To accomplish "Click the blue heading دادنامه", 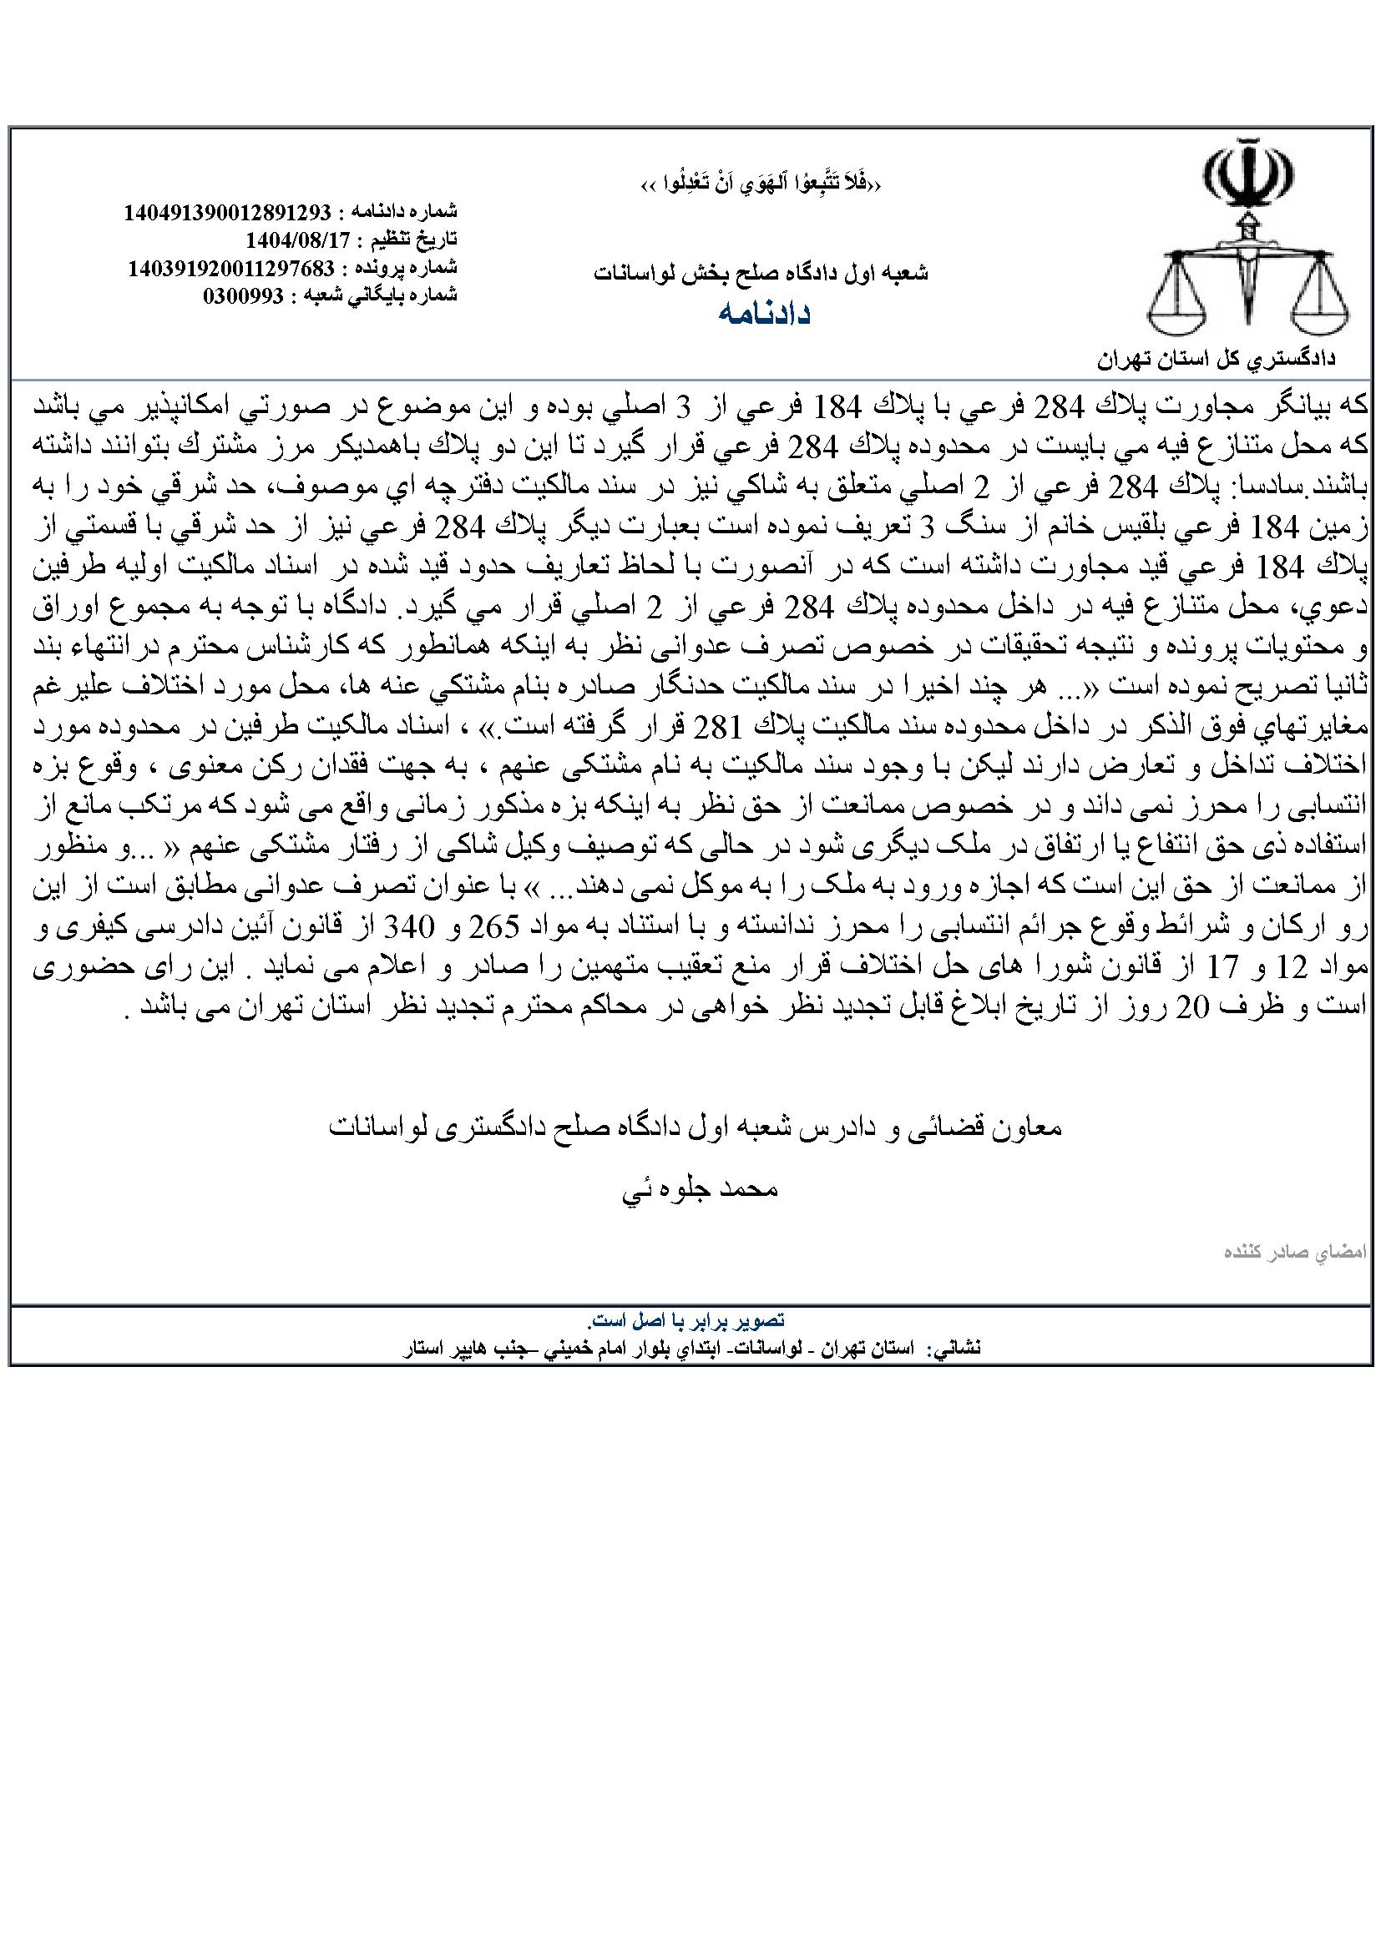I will (x=764, y=314).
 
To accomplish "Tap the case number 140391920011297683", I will (x=230, y=268).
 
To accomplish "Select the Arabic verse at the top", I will (x=761, y=184).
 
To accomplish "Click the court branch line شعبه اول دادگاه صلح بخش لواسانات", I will (x=761, y=273).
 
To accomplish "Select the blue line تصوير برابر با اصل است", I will (x=686, y=1320).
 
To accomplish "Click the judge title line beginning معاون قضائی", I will (x=696, y=1128).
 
